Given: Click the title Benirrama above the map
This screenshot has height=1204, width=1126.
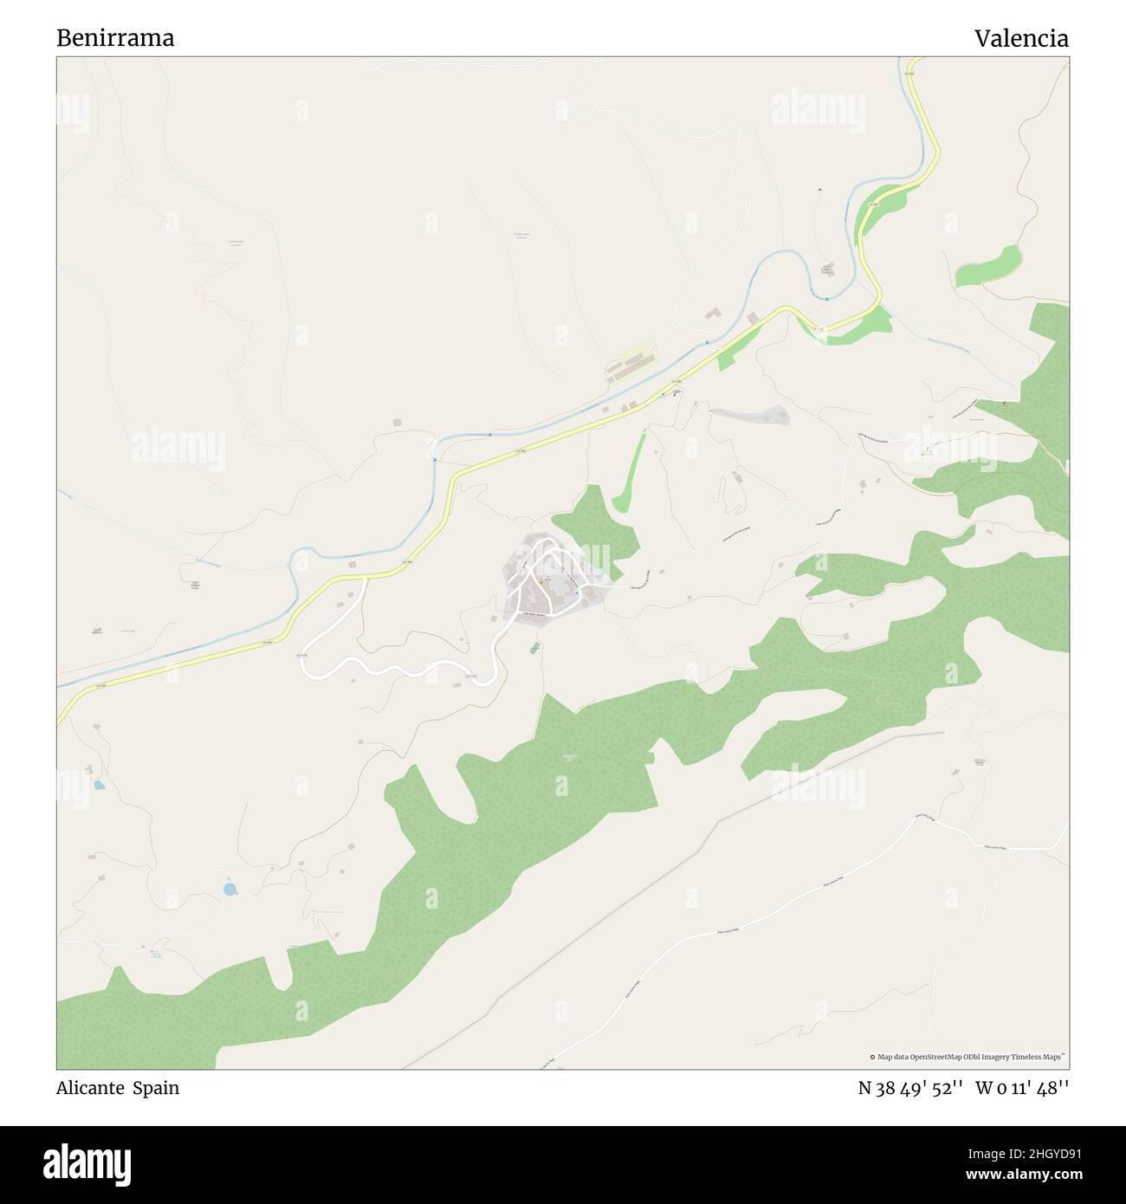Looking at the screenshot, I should [x=115, y=38].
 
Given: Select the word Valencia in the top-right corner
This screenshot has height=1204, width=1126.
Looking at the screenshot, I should [x=1020, y=38].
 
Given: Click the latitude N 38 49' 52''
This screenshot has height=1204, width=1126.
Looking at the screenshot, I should [x=910, y=1088].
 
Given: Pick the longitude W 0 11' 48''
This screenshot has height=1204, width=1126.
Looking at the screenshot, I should [x=1022, y=1088].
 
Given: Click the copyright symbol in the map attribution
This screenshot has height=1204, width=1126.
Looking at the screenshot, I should [x=872, y=1057].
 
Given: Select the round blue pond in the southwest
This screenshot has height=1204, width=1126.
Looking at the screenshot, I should [x=230, y=889].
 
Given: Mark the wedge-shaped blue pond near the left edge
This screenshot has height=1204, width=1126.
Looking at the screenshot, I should [x=100, y=786].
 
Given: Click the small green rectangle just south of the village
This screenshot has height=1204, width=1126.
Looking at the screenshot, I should [x=534, y=646].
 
